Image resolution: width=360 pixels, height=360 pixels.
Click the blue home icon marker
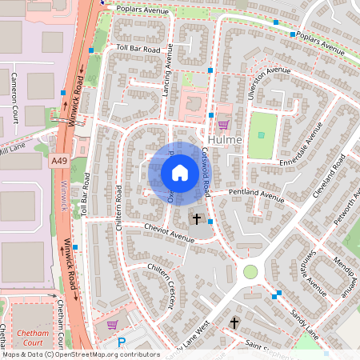click(x=180, y=172)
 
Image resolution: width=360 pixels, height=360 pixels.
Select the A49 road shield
click(x=58, y=161)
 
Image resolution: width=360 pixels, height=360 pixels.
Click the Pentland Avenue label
click(x=256, y=194)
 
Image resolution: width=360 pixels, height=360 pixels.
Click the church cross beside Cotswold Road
click(x=197, y=218)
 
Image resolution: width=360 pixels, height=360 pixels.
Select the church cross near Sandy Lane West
click(x=234, y=323)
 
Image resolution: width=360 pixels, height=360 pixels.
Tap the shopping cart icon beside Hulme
click(x=223, y=124)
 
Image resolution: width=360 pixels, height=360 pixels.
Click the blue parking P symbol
click(x=122, y=342)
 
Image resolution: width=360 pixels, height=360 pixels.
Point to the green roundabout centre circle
click(x=250, y=272)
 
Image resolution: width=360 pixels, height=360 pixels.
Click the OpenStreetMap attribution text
click(x=80, y=354)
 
